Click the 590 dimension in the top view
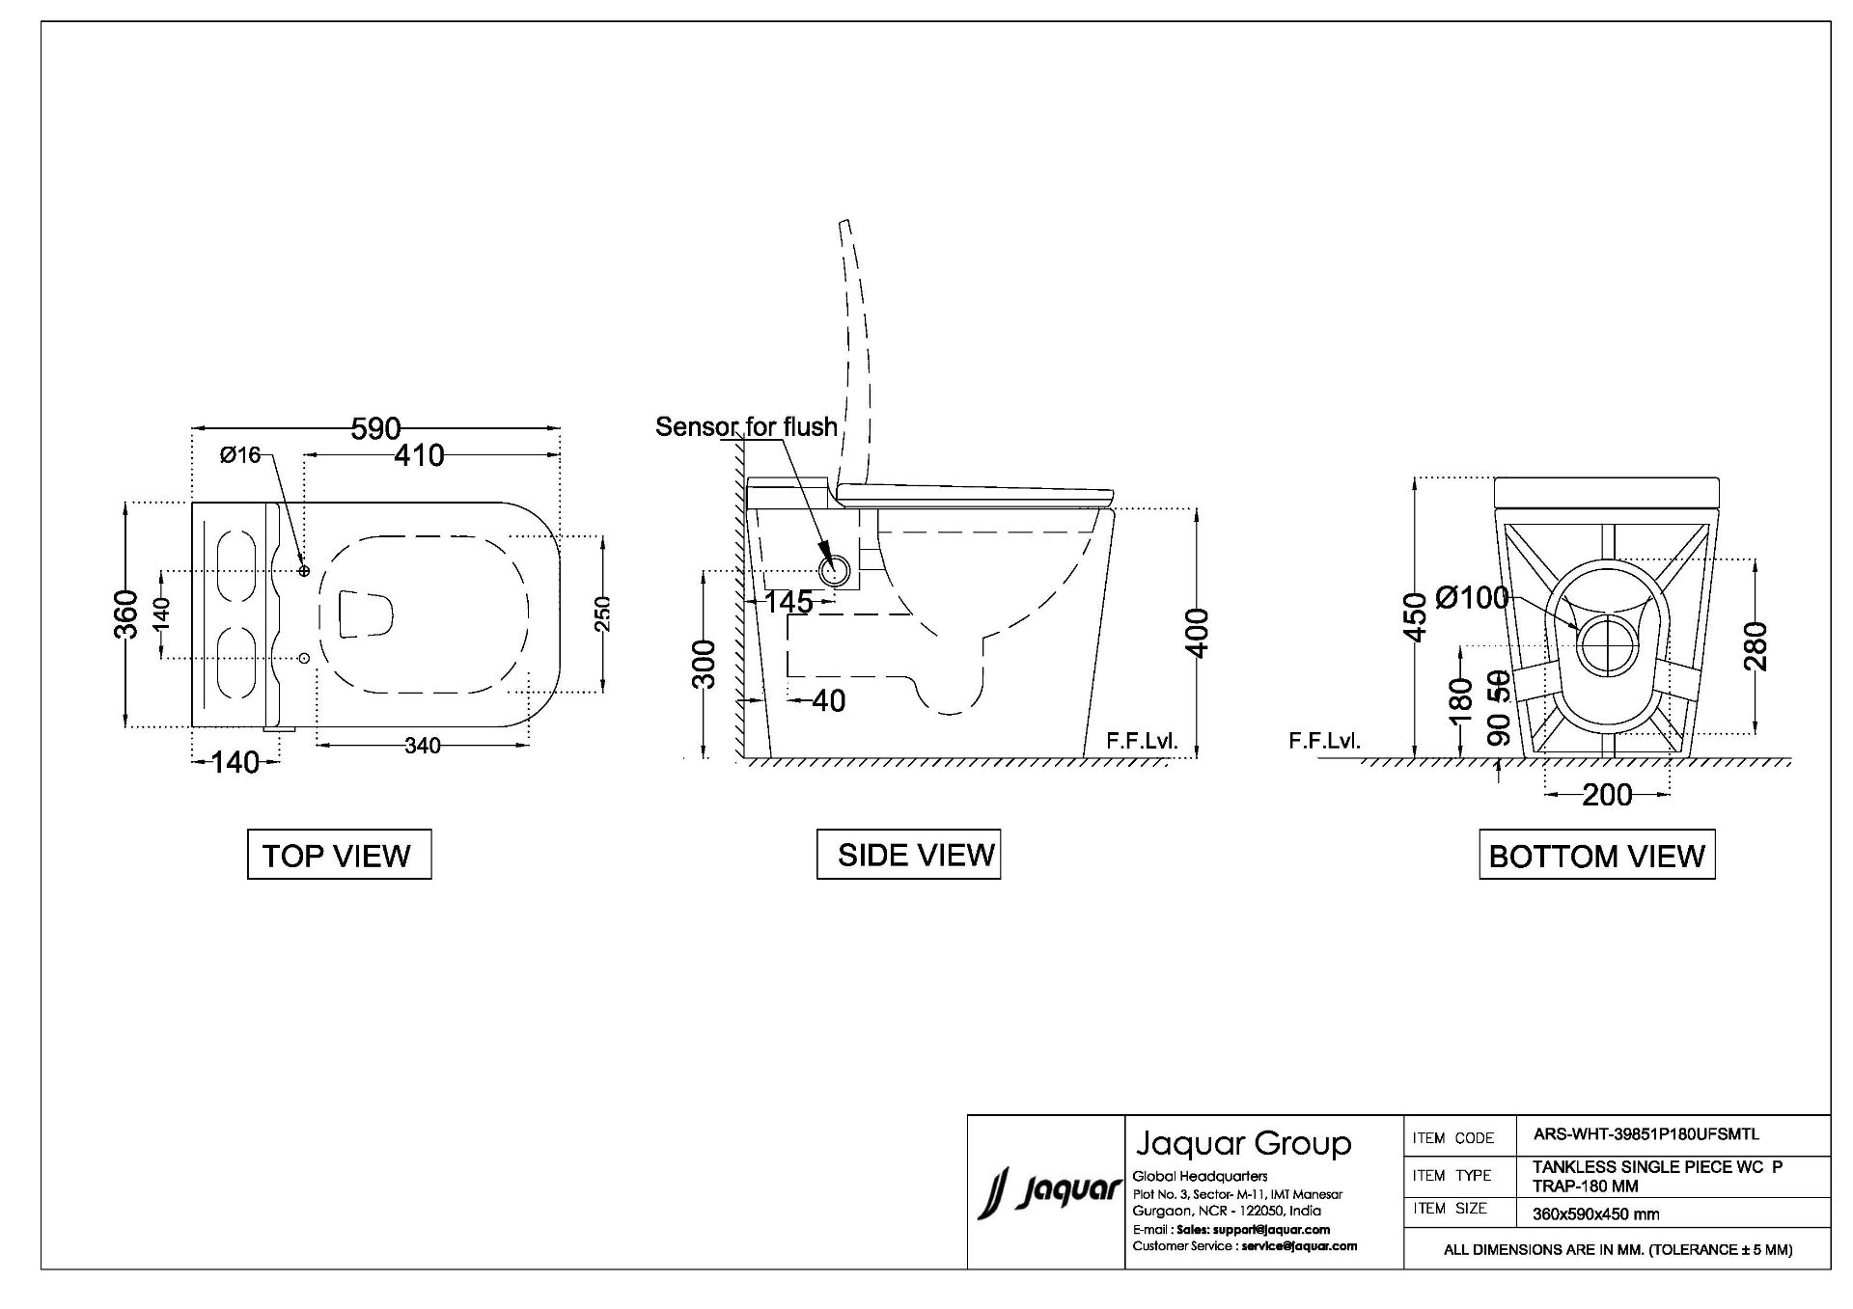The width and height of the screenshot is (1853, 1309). [x=375, y=428]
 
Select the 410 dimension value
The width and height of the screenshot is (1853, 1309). [x=419, y=455]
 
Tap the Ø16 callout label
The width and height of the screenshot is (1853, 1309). [x=240, y=455]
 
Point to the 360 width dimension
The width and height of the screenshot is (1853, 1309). [x=127, y=614]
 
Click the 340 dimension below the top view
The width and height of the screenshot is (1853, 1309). [x=423, y=746]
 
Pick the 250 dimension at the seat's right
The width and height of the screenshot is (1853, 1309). [x=602, y=614]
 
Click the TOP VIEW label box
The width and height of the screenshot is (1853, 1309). [x=339, y=855]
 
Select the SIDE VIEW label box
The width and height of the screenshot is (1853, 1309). [x=908, y=855]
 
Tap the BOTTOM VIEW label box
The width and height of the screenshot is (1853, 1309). [x=1597, y=855]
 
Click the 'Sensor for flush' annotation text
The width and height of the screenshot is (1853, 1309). [x=746, y=426]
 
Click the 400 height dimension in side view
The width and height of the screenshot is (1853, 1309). [x=1197, y=633]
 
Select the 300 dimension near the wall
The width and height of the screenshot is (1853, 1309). [x=706, y=664]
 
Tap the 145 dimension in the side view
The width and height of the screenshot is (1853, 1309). [x=788, y=602]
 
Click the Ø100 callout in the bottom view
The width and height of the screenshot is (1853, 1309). [x=1473, y=598]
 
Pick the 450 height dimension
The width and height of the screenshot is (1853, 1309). [x=1415, y=617]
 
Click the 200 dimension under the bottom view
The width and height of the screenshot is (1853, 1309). [x=1607, y=795]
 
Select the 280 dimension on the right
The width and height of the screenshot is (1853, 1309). [x=1756, y=646]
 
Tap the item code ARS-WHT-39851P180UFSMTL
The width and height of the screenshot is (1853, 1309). [x=1646, y=1135]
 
